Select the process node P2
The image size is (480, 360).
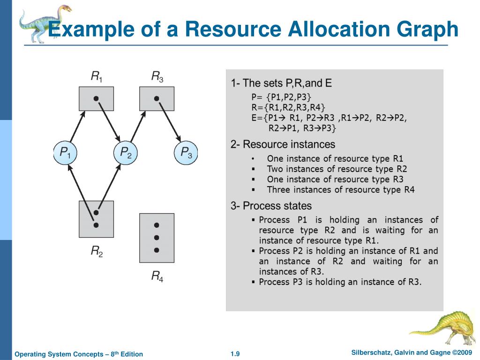[126, 152]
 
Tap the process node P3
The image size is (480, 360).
[186, 152]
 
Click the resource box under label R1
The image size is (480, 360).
[96, 99]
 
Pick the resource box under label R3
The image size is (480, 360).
[157, 99]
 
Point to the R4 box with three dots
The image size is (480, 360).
[157, 238]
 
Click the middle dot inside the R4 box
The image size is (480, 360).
[157, 238]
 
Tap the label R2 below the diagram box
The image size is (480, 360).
[97, 252]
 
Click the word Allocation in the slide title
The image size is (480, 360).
[337, 30]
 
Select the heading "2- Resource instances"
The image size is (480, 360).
[283, 144]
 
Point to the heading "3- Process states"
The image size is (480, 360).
[271, 206]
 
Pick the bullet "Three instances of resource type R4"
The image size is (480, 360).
[340, 190]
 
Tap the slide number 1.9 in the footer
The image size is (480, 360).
[235, 354]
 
